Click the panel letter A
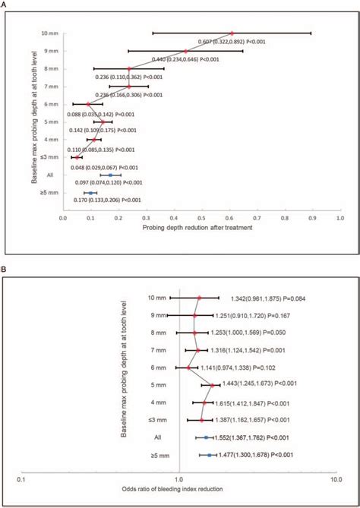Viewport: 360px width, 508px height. pyautogui.click(x=7, y=5)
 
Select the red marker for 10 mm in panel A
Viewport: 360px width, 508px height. pyautogui.click(x=232, y=33)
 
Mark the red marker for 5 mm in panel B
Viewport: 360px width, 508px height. pyautogui.click(x=212, y=385)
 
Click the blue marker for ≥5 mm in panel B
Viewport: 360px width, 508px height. pyautogui.click(x=210, y=455)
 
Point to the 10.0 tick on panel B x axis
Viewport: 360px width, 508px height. pyautogui.click(x=337, y=480)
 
